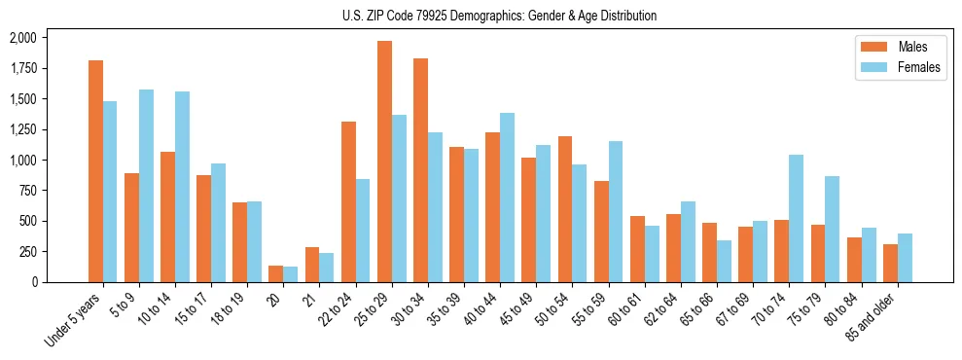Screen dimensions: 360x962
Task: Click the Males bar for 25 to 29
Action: [384, 162]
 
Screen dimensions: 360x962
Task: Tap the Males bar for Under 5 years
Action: [95, 171]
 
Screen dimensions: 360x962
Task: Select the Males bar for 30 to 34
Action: [420, 170]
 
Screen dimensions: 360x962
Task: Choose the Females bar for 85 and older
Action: [905, 258]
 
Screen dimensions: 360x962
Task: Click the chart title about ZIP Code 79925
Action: [499, 16]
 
